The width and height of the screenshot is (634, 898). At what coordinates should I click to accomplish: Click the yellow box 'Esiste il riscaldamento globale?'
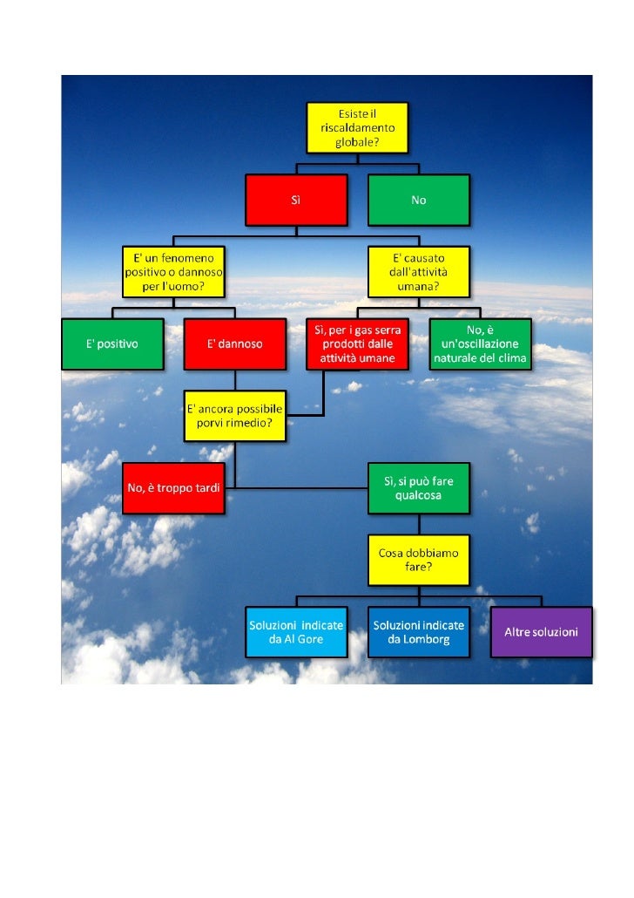357,127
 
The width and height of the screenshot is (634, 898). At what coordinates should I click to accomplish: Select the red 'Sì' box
296,200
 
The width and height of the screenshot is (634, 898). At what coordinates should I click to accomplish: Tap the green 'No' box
418,200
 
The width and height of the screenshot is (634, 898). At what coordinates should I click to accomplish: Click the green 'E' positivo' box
111,344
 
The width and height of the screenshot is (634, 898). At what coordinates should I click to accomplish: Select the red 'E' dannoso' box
234,344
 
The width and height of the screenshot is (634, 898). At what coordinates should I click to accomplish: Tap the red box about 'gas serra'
357,344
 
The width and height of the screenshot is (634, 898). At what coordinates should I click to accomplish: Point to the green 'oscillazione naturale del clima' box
480,344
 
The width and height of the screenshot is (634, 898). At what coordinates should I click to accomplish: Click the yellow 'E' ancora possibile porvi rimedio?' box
235,415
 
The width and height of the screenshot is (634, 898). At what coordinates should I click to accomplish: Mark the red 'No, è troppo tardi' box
173,487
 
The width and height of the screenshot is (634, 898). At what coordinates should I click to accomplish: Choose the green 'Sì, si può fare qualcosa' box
418,487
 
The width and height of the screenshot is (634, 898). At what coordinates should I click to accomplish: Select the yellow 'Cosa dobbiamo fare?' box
418,560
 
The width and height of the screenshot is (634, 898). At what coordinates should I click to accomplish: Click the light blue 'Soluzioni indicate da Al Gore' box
296,632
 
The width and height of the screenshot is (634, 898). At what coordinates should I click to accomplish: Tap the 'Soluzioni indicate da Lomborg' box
418,632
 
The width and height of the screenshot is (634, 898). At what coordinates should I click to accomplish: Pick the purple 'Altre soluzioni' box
541,631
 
